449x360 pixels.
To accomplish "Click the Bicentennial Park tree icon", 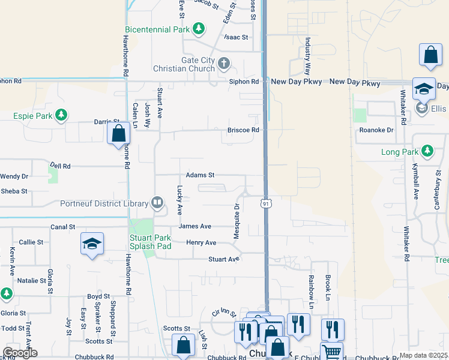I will click(199, 29).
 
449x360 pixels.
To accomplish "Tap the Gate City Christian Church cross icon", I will click(223, 63).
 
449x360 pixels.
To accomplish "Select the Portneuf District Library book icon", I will click(157, 203).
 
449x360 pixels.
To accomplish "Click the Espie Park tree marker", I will click(60, 114).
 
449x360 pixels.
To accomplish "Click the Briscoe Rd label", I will click(243, 130).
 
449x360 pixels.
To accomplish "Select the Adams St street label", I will click(200, 175).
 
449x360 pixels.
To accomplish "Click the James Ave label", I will click(194, 226).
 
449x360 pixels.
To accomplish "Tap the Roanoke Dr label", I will click(376, 130).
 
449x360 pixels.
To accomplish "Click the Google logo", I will click(20, 352).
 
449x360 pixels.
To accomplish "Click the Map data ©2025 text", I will click(423, 355).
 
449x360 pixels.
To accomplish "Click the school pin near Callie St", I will click(92, 244).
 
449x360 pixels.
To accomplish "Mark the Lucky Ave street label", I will click(179, 200).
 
